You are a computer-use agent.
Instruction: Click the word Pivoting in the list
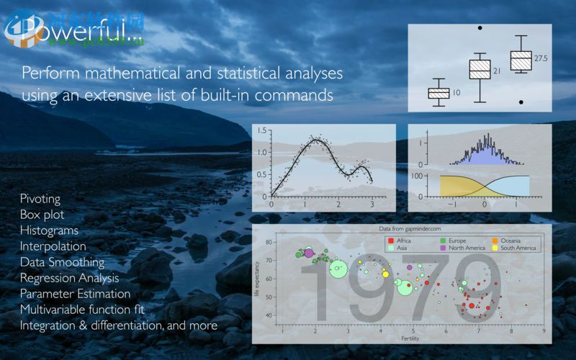tap(40, 198)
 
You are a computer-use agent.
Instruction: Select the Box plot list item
tap(42, 215)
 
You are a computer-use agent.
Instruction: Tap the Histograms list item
tap(50, 230)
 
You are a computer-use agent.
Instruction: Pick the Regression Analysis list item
tap(70, 278)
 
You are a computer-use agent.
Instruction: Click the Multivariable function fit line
tap(83, 310)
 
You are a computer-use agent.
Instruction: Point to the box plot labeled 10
tap(438, 93)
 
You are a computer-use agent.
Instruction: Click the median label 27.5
tap(541, 58)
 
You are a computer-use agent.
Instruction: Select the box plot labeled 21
tap(480, 70)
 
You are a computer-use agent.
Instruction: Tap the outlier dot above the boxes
tap(480, 28)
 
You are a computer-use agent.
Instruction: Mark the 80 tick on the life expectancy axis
tap(269, 243)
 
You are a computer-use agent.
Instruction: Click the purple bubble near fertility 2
tap(309, 253)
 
